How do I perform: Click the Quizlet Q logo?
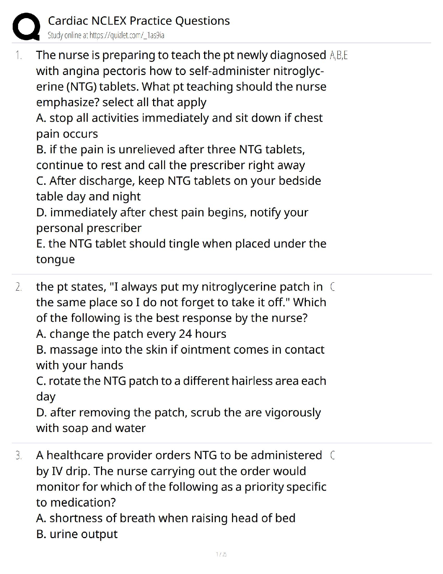pos(26,26)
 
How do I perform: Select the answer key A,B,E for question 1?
pos(339,55)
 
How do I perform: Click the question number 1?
pos(18,55)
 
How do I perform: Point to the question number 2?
pos(18,287)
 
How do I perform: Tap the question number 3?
pos(18,456)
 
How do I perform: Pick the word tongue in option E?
pos(55,259)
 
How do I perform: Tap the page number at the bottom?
pos(221,554)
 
